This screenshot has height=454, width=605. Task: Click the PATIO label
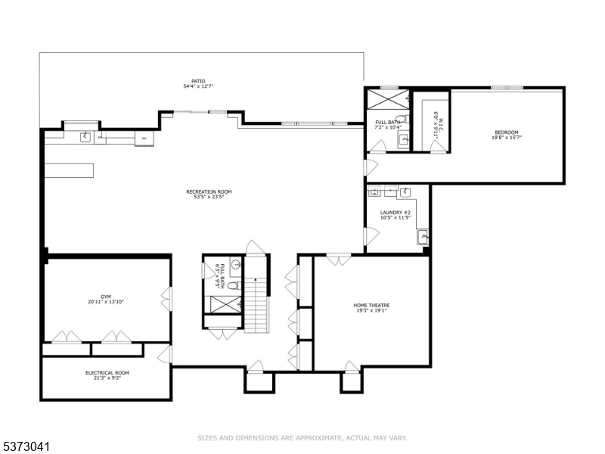pos(198,84)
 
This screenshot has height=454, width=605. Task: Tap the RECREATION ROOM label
pos(209,194)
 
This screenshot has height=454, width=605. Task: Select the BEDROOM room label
pos(506,135)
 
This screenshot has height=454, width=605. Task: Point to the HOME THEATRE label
pos(371,308)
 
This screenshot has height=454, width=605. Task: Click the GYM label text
pos(105,300)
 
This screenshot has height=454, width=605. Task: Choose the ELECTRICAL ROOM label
pos(107,375)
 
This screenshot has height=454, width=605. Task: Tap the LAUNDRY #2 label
pos(395,215)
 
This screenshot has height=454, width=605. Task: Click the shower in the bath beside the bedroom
pos(388,99)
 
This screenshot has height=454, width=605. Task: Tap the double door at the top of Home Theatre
pos(338,260)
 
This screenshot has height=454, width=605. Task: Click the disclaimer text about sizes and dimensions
pos(302,437)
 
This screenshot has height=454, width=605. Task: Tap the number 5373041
pos(26,447)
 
